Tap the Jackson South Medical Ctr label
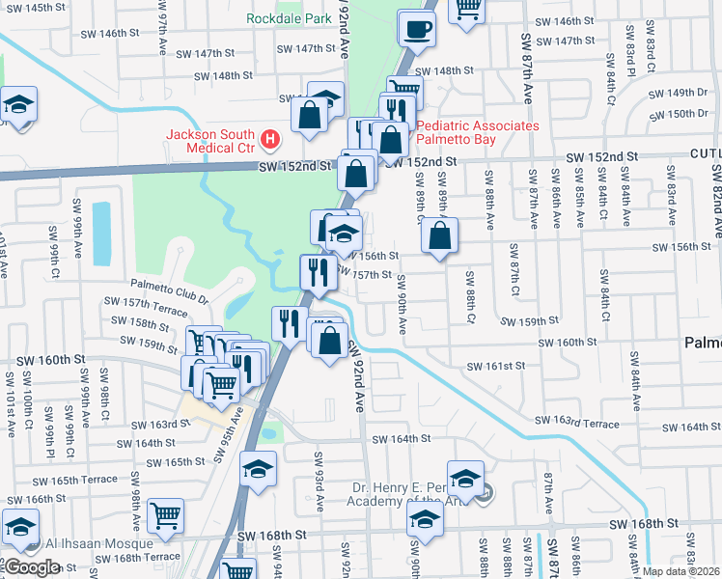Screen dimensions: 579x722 click(x=210, y=141)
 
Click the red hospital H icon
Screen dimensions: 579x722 click(x=271, y=141)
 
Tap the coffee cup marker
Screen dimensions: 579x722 click(x=417, y=31)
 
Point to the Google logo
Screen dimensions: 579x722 click(x=31, y=567)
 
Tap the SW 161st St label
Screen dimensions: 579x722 click(x=495, y=367)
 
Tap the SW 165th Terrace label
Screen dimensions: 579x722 click(x=73, y=480)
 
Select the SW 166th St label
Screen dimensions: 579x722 click(x=42, y=499)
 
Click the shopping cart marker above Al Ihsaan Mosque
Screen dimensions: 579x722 click(x=165, y=516)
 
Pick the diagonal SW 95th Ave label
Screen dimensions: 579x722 click(x=229, y=434)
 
